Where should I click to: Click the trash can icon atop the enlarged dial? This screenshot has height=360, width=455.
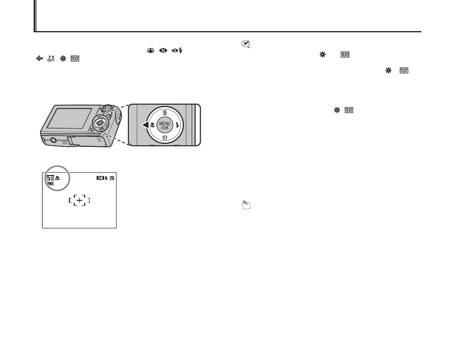pos(164,112)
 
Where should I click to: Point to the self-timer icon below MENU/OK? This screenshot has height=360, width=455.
pos(164,136)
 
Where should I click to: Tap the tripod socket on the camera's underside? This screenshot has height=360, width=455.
pos(53,141)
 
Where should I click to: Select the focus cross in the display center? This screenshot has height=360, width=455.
pos(79,200)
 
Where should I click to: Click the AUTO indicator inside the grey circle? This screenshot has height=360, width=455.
pos(50,179)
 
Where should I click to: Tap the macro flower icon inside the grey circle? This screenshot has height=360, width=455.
pos(57,179)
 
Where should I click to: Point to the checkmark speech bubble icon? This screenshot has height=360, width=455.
pos(245,45)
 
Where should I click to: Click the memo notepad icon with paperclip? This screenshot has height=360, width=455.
pos(246,203)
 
